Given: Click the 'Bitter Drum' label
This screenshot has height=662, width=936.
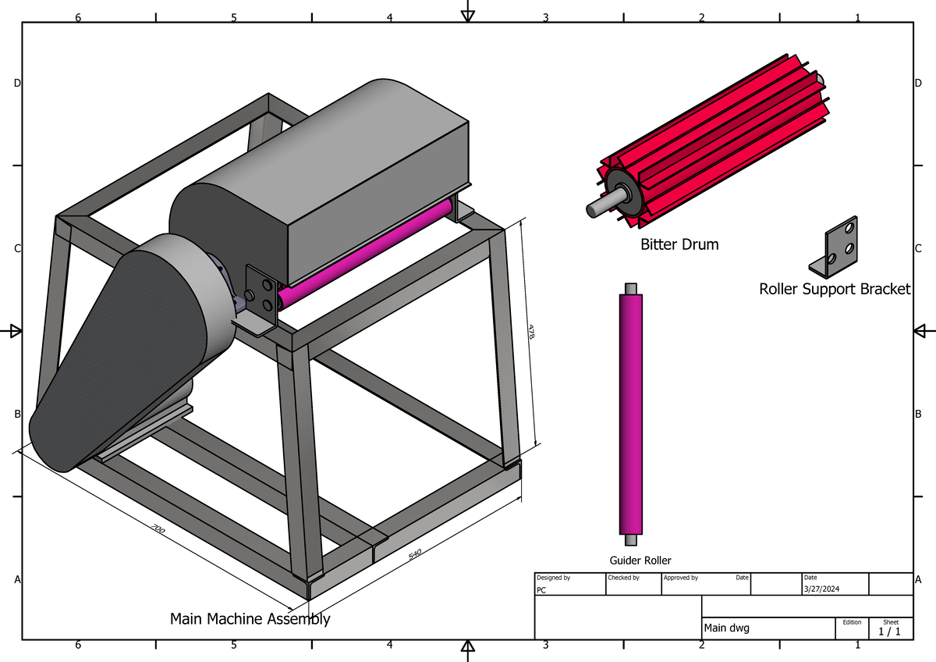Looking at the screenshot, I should point(679,244).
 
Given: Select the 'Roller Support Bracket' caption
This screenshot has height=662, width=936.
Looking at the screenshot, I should point(835,289).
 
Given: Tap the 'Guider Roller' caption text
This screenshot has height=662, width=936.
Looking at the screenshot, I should point(640,561).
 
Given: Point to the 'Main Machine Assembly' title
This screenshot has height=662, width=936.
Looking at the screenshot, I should point(250,619).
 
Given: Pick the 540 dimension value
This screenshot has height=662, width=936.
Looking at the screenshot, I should point(414,553).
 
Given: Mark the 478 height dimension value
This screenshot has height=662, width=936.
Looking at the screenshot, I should point(531,331).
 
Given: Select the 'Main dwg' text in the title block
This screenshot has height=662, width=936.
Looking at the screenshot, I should point(726,628).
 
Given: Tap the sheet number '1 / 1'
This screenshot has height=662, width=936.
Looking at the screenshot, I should point(890,632).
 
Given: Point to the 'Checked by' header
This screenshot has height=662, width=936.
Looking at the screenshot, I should point(623,578).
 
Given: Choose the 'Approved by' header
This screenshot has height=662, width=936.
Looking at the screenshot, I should point(680,578).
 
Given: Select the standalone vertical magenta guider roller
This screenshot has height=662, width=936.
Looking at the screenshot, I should point(631,414).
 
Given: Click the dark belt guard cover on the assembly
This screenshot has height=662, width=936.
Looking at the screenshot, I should point(117,359).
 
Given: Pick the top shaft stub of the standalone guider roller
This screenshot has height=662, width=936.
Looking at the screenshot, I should point(631,288).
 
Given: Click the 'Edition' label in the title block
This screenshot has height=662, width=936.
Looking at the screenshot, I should point(852,622).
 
